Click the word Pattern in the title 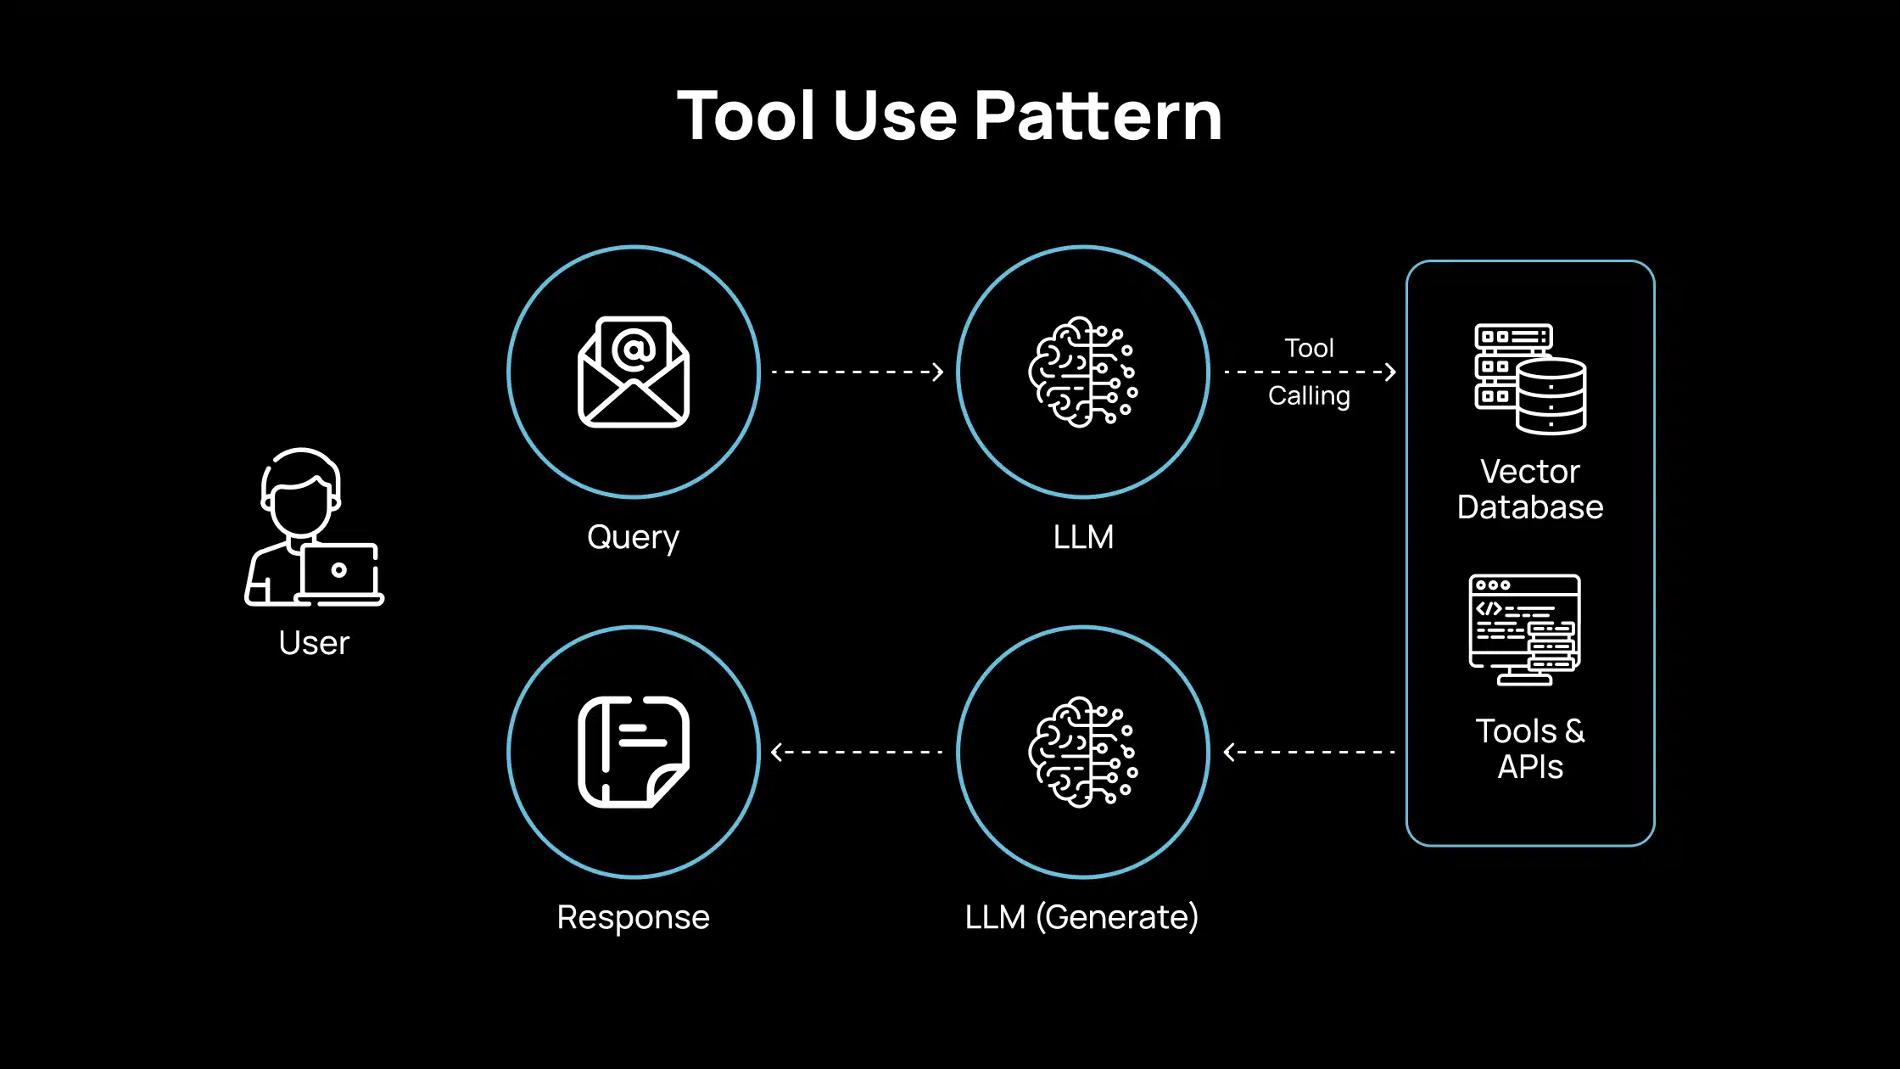(x=1098, y=116)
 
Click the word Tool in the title (x=747, y=116)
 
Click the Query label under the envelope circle (x=633, y=538)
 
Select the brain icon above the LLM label (x=1083, y=372)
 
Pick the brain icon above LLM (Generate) (x=1083, y=752)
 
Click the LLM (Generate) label (x=1081, y=917)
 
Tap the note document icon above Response (x=634, y=752)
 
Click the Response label (x=633, y=917)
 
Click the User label (x=314, y=643)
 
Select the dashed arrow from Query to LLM (x=857, y=372)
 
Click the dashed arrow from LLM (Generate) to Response (x=857, y=752)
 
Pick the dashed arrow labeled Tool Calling (x=1310, y=372)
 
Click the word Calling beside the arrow (x=1309, y=396)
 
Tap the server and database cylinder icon (x=1530, y=378)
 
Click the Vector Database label (x=1530, y=490)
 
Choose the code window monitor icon (x=1525, y=630)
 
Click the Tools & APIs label (x=1530, y=748)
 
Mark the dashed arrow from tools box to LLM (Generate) (x=1310, y=752)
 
